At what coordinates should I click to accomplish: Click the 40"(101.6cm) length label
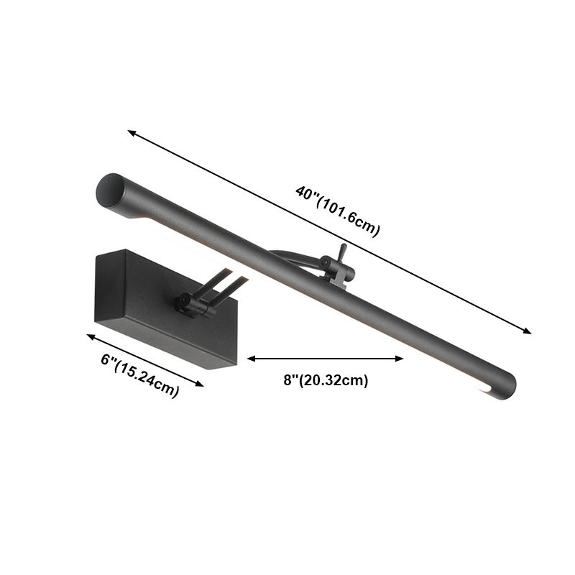pyautogui.click(x=337, y=211)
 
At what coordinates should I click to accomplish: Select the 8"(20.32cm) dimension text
pyautogui.click(x=326, y=381)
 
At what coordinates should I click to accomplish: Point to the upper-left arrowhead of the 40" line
pyautogui.click(x=132, y=132)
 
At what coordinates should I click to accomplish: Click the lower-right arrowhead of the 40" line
pyautogui.click(x=528, y=332)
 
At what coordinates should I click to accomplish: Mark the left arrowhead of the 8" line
pyautogui.click(x=251, y=358)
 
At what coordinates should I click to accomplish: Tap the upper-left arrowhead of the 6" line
pyautogui.click(x=91, y=336)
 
